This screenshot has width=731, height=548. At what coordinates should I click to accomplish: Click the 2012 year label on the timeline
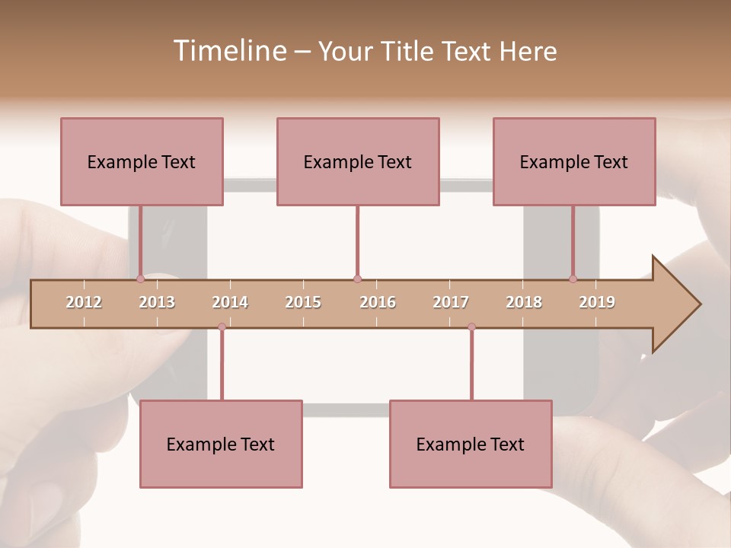click(x=84, y=302)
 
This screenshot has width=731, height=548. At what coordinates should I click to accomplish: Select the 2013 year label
click(x=157, y=302)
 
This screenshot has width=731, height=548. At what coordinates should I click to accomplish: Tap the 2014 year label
click(x=230, y=302)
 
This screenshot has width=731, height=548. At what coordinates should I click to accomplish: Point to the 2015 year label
click(x=303, y=302)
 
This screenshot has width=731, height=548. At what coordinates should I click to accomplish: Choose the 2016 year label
click(x=378, y=302)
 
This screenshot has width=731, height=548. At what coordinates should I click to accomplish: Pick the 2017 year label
click(x=451, y=302)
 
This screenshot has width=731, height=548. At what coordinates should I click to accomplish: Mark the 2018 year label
click(x=524, y=302)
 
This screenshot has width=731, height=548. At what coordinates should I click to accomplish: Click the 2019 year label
click(x=597, y=302)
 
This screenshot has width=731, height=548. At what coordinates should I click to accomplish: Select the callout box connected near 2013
click(x=142, y=161)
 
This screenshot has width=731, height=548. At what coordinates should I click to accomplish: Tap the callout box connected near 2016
click(x=358, y=161)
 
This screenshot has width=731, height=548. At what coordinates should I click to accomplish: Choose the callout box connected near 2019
click(x=574, y=161)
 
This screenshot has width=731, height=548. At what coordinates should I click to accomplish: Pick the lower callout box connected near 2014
click(x=221, y=444)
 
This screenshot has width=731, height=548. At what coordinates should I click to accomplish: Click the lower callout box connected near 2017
click(x=471, y=444)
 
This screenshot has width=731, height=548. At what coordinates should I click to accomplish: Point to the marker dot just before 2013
click(x=141, y=279)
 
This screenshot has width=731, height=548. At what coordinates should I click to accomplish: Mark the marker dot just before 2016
click(x=357, y=279)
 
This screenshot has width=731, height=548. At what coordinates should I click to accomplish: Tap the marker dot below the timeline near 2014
click(x=222, y=327)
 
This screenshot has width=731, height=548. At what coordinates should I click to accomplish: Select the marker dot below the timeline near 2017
click(x=471, y=327)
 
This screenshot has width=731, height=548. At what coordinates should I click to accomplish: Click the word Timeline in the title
click(x=228, y=51)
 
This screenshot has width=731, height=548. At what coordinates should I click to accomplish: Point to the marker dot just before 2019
click(x=573, y=279)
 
